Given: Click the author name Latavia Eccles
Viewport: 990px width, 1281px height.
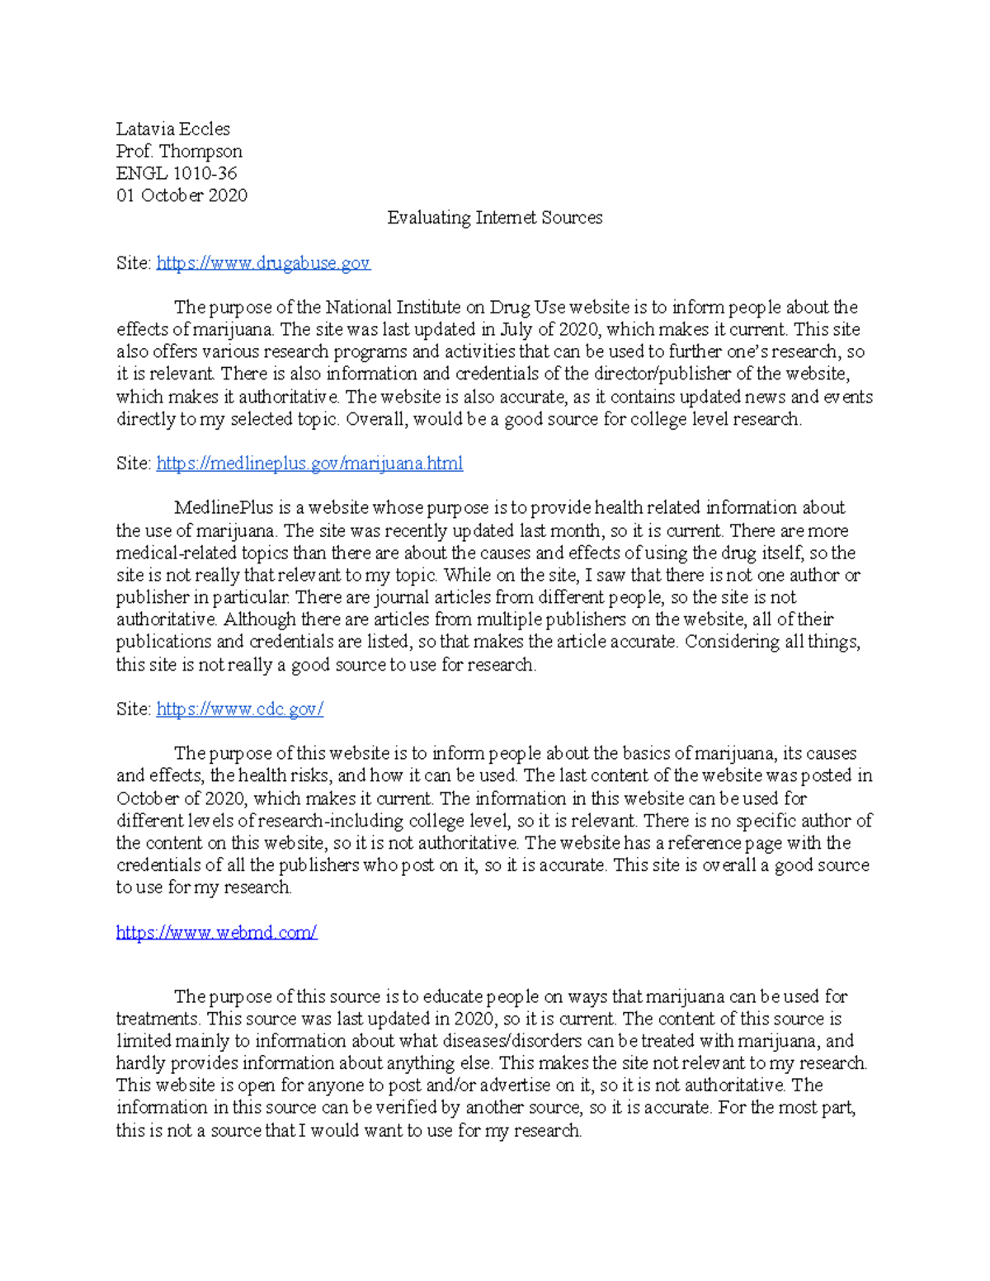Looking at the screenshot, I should (x=172, y=129).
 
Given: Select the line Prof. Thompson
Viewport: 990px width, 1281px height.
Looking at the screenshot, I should (x=179, y=151).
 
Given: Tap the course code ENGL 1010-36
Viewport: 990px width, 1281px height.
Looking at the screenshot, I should (x=177, y=173).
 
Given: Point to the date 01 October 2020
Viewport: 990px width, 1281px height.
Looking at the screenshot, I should (x=181, y=195).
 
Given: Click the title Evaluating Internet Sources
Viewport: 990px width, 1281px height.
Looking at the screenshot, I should (x=495, y=218).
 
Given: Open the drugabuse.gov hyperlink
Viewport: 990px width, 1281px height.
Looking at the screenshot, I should (x=263, y=262).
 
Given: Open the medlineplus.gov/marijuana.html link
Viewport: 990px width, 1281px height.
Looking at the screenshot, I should (x=309, y=464).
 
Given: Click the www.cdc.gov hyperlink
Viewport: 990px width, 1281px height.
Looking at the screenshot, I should (x=239, y=709).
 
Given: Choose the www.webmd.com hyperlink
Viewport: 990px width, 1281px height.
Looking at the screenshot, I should (x=216, y=932).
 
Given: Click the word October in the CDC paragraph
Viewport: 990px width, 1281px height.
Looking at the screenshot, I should (x=147, y=798).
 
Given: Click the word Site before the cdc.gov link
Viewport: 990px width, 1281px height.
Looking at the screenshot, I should (x=132, y=709).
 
